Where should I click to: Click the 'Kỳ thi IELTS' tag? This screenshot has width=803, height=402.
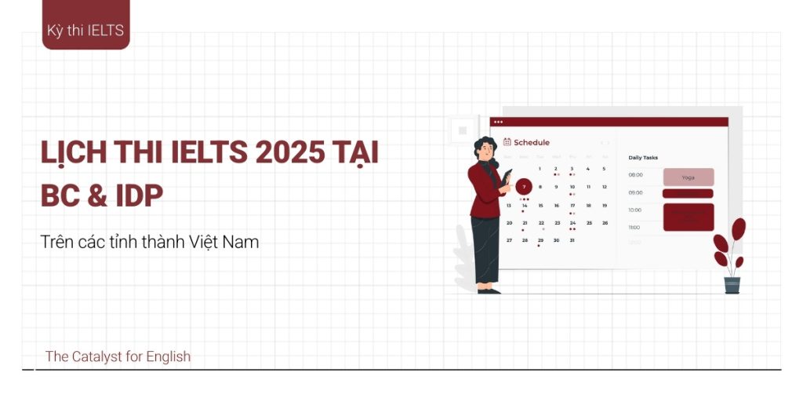[85, 31]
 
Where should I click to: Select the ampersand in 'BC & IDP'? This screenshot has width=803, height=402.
[97, 196]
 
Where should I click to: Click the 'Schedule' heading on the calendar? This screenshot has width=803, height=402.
[532, 143]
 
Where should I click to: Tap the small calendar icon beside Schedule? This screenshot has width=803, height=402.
[507, 142]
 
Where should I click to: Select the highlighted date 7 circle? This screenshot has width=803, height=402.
[524, 187]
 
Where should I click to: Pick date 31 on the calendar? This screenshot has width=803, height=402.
[572, 240]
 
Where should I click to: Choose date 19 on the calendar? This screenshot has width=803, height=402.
[605, 205]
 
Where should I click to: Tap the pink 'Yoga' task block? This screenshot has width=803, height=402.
[688, 177]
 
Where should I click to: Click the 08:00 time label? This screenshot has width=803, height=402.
[635, 175]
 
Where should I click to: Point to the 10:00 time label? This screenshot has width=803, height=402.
[635, 210]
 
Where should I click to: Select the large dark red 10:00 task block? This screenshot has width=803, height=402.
[688, 217]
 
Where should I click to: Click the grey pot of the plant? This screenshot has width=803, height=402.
[732, 285]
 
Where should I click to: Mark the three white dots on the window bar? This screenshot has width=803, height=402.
[498, 122]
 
